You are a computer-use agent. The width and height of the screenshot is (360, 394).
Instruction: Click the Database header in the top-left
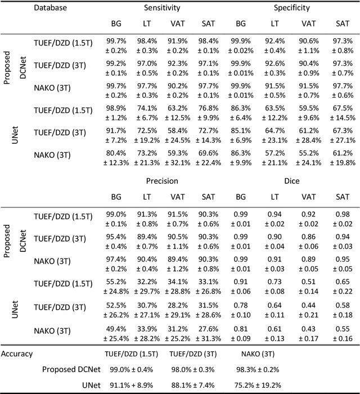point(49,8)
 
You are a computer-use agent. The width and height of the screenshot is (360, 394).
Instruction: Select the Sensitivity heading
point(161,8)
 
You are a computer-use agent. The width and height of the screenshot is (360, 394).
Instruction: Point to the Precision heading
point(161,181)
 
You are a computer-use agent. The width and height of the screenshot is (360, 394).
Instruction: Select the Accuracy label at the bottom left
point(16,354)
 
